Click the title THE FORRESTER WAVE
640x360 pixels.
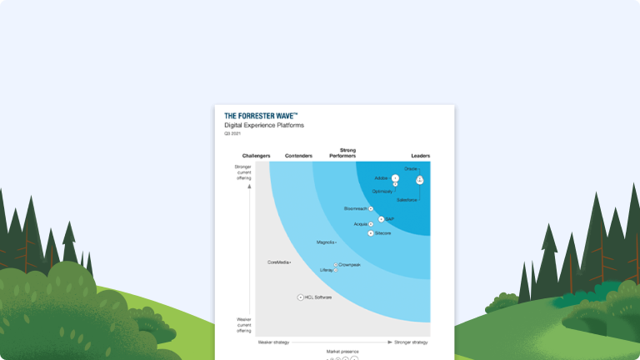click(x=261, y=117)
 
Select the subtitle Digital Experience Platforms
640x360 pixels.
click(x=264, y=126)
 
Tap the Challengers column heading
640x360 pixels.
click(x=257, y=156)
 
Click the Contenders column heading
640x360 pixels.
click(x=298, y=156)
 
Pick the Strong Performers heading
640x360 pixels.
click(x=342, y=153)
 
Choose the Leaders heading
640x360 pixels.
click(x=420, y=156)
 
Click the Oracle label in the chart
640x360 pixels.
click(x=410, y=169)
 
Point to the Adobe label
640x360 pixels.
click(x=381, y=177)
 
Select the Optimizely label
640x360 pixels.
click(x=382, y=191)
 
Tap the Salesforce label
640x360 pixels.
click(x=407, y=201)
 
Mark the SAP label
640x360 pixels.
click(x=389, y=219)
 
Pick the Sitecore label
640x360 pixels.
click(x=383, y=233)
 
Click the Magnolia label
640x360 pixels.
click(x=326, y=242)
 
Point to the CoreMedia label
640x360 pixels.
click(x=278, y=262)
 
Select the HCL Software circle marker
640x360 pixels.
click(x=300, y=297)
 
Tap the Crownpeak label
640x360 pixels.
click(x=350, y=264)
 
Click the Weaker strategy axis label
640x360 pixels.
click(x=273, y=342)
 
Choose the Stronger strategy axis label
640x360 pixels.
click(x=412, y=342)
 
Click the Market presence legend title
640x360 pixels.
click(x=342, y=352)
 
